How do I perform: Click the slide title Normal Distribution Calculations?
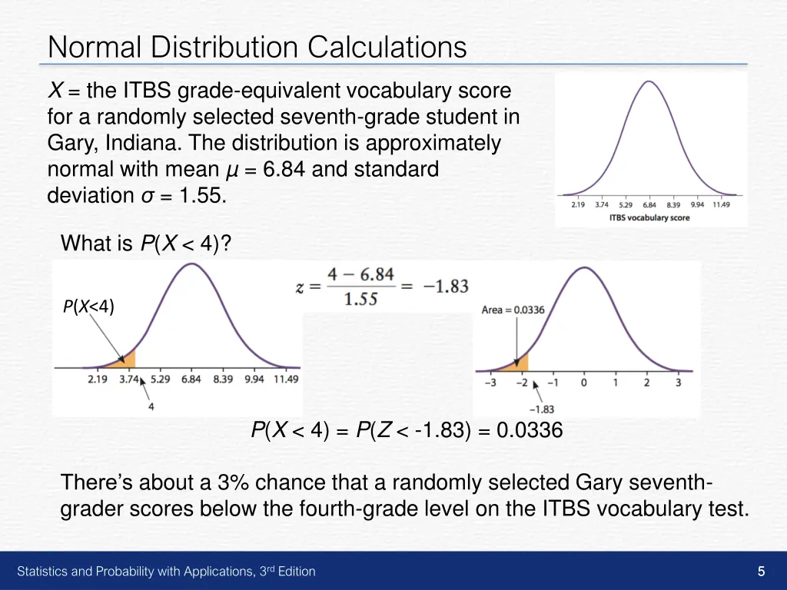257,48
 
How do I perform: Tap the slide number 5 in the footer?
761,571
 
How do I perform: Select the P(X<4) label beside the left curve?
88,307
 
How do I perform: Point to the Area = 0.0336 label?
513,310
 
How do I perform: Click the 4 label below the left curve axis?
151,406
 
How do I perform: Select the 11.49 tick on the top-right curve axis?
720,205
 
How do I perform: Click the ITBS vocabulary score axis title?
649,217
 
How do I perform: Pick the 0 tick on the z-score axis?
584,382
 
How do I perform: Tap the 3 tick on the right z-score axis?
678,382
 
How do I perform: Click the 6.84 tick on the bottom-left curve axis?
191,379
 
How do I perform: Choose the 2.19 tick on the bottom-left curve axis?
98,379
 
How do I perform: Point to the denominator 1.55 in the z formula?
360,299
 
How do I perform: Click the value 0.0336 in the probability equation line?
530,431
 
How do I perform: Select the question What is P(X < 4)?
146,244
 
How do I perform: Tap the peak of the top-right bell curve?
649,81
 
